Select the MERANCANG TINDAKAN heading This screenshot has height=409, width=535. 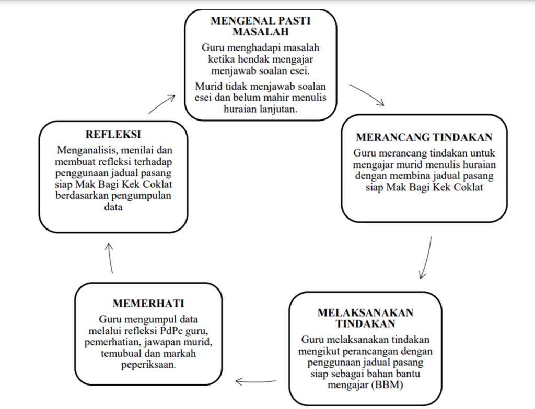(x=424, y=137)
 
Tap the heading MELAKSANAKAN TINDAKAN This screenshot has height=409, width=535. (x=365, y=318)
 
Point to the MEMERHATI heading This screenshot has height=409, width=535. (x=148, y=304)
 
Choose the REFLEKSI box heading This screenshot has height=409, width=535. (x=113, y=135)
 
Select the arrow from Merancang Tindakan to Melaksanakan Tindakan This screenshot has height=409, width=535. (x=426, y=258)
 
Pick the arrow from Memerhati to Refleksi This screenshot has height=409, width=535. (x=110, y=258)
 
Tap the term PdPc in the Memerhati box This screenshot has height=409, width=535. (x=169, y=331)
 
